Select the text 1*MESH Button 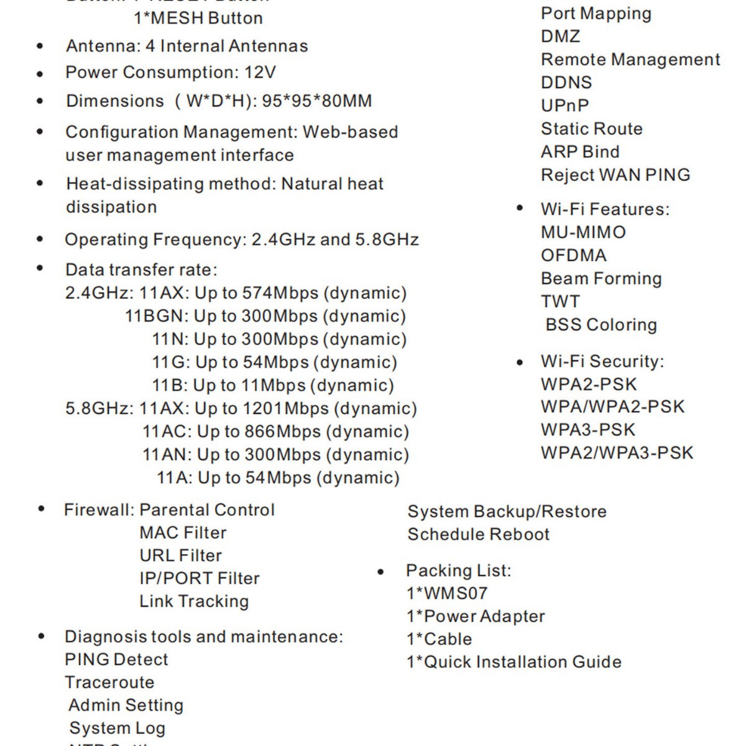tap(198, 18)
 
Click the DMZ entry tap(561, 37)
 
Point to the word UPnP tap(564, 106)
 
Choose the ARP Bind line tap(580, 152)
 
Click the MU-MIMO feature tap(583, 233)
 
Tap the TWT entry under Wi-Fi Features tap(560, 302)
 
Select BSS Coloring tap(601, 325)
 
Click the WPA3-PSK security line tap(588, 430)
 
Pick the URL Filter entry tap(180, 556)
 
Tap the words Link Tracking tap(194, 602)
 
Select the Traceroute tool tap(109, 683)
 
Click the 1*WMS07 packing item tap(447, 594)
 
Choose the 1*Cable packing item tap(440, 640)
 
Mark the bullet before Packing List tap(380, 572)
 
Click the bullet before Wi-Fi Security tap(520, 362)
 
